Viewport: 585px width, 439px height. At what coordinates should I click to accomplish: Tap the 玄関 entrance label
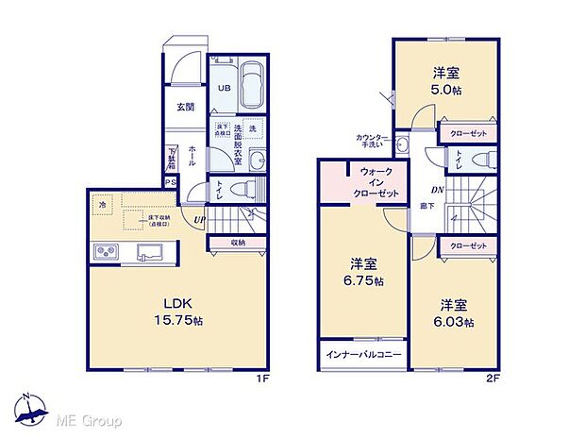(185, 107)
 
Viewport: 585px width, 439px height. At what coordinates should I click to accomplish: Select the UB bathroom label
(225, 88)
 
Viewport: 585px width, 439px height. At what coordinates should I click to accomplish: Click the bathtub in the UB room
(253, 85)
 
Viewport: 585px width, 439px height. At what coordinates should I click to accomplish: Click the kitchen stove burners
(106, 252)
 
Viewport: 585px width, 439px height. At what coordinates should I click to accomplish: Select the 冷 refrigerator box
(101, 203)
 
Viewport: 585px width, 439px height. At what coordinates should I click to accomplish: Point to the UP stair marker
(200, 221)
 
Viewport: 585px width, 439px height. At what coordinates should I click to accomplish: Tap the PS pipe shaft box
(171, 183)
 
